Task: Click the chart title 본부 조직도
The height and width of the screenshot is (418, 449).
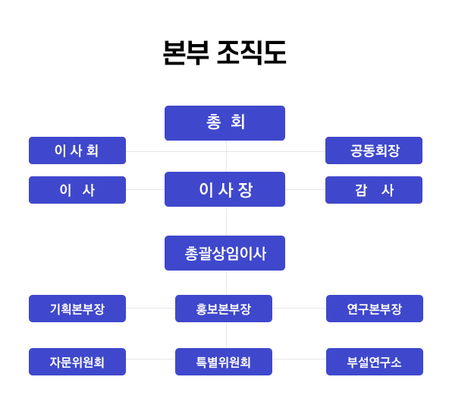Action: pos(224,52)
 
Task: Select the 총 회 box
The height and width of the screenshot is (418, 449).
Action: pos(224,123)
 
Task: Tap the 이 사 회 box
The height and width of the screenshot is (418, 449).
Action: pos(77,150)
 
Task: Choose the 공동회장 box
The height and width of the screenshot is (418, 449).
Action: pos(374,150)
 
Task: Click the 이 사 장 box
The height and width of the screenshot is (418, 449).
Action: pos(224,189)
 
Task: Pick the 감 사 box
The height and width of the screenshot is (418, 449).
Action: pos(374,190)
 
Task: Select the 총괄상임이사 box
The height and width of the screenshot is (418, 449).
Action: pos(224,253)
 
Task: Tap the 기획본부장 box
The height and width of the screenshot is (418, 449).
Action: pos(77,309)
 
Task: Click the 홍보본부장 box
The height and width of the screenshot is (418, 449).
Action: pos(224,309)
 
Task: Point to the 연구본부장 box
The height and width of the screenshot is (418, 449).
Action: pos(375,309)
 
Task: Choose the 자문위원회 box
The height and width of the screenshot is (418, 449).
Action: pos(77,362)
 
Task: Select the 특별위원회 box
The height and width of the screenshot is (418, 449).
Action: pos(224,362)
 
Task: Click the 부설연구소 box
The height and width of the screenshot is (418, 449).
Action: pos(375,362)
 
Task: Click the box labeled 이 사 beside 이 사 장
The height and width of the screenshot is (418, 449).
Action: pos(77,190)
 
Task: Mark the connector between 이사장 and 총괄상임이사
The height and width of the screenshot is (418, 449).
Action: pos(227,221)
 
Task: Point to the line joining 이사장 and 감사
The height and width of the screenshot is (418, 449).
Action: pos(305,190)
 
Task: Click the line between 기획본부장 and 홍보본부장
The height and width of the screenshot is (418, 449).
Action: pos(151,309)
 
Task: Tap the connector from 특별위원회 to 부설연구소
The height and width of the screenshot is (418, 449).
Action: pos(300,359)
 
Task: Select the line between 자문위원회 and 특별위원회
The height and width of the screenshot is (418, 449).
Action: pos(151,359)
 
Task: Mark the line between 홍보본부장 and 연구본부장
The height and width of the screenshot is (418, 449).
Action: pos(300,309)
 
